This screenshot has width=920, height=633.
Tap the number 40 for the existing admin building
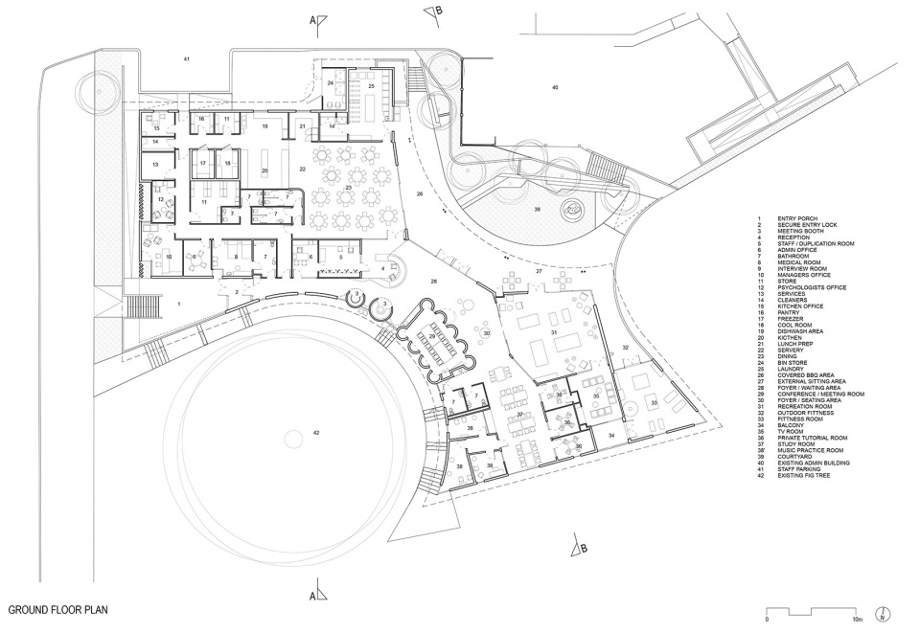(x=554, y=88)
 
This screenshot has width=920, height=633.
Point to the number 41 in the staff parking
(x=188, y=60)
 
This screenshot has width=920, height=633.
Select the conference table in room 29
(x=432, y=339)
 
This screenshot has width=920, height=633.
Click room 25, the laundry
(x=370, y=86)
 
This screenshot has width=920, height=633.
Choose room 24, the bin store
(x=331, y=84)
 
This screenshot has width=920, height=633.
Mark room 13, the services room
(x=154, y=165)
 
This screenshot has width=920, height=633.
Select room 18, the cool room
(x=227, y=164)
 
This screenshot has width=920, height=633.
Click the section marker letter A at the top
(x=310, y=19)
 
